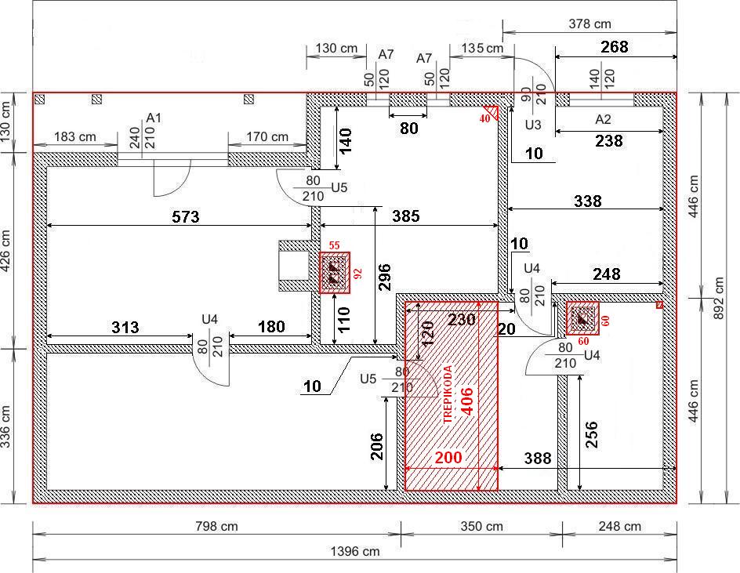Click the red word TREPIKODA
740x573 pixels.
[448, 394]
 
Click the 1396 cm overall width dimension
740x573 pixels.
[355, 551]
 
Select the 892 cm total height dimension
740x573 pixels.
[718, 298]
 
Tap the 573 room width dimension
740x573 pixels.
[186, 216]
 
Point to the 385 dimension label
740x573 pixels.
[406, 216]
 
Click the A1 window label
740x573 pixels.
[154, 118]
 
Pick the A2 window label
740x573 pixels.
[603, 119]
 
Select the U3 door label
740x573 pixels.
[533, 125]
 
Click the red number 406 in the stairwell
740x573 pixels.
[466, 401]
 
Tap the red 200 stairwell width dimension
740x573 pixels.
[448, 457]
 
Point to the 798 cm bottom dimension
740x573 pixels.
[216, 526]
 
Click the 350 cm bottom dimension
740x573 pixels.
[482, 526]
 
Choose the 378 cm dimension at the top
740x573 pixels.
[590, 24]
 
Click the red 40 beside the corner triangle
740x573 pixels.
[484, 119]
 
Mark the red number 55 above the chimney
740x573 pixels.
[334, 245]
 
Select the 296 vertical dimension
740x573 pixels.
[385, 277]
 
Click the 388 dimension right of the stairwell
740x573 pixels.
[538, 458]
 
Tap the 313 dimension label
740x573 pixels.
[125, 327]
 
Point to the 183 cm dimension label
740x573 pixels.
[75, 136]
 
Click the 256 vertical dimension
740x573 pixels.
[591, 435]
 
